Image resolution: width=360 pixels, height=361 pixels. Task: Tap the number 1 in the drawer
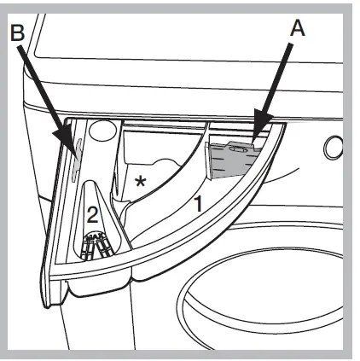[x=195, y=204]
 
